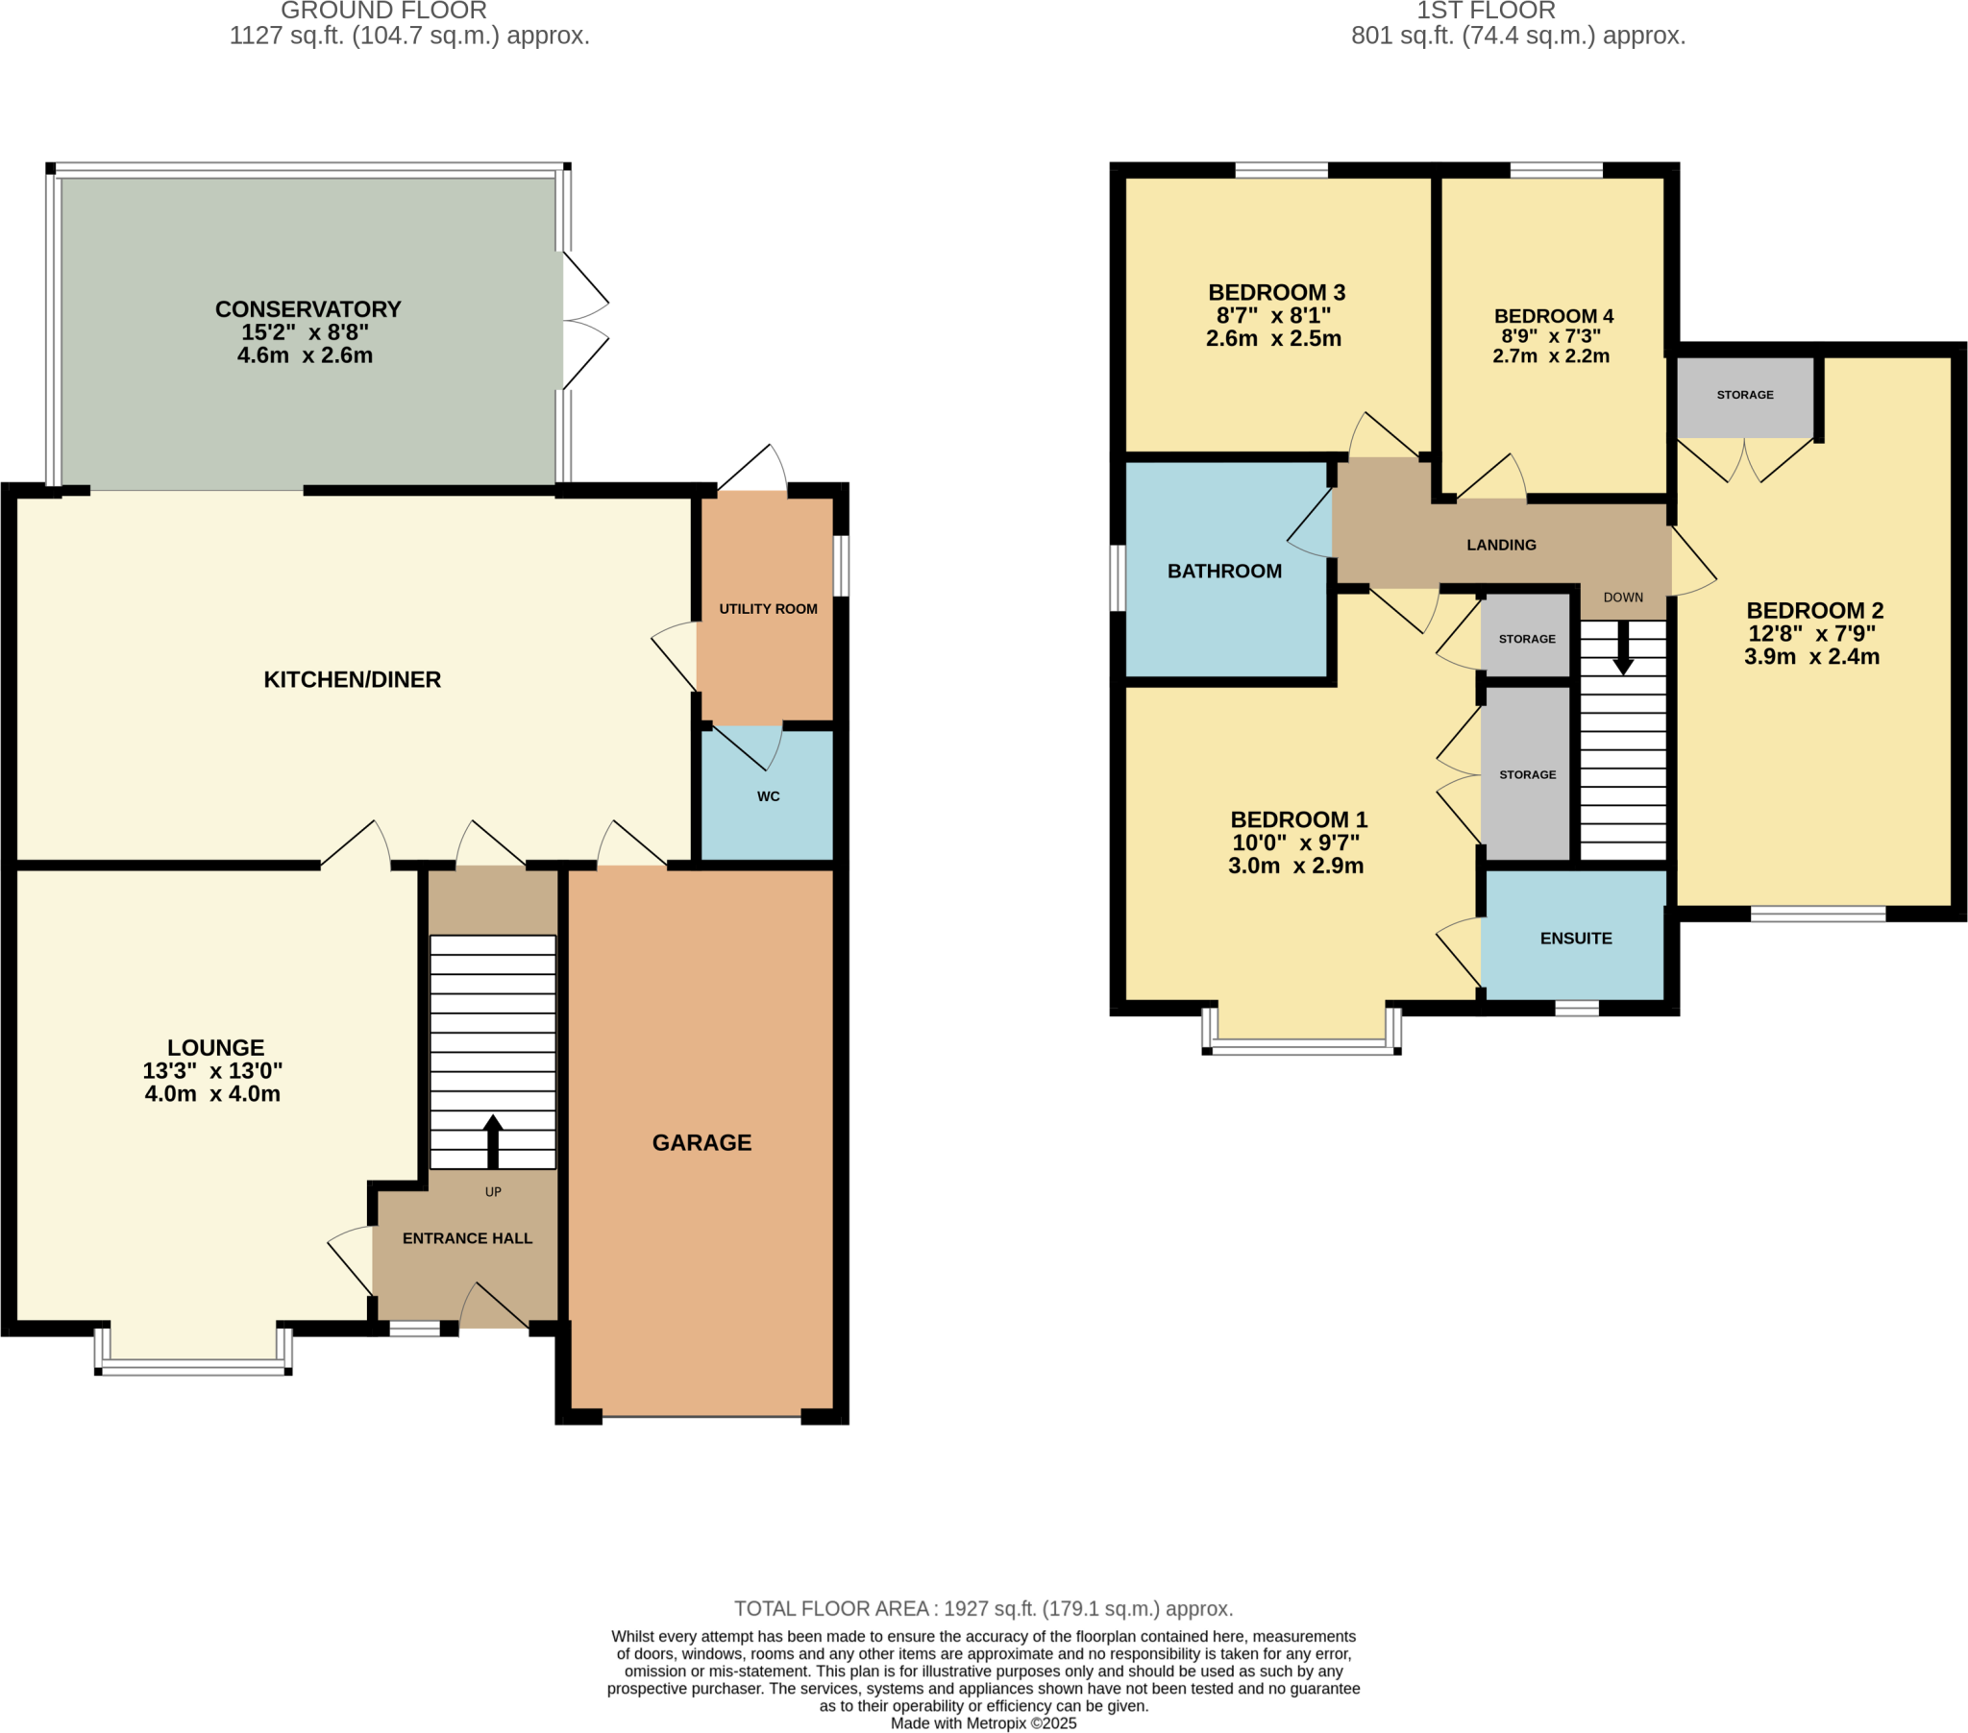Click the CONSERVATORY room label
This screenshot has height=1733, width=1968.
[307, 309]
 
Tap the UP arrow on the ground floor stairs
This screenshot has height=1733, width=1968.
[493, 1141]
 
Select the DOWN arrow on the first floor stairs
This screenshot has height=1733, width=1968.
[1623, 647]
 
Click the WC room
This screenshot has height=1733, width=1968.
[768, 796]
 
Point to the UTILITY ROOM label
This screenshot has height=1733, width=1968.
[768, 608]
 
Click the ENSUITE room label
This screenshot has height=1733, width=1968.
[1575, 938]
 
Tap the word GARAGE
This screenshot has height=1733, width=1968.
[701, 1142]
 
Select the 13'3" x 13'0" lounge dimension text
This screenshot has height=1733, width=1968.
[211, 1070]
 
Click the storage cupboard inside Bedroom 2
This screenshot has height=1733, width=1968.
[1744, 396]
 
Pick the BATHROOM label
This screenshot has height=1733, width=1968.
[1223, 571]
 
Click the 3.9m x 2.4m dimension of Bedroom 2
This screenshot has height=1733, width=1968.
[1811, 657]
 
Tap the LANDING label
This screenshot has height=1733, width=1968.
[1501, 545]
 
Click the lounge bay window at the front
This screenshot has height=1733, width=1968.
[192, 1365]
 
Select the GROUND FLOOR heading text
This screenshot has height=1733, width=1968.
[383, 12]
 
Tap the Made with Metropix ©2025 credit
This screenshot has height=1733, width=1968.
[983, 1723]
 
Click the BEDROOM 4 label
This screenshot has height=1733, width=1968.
[1553, 316]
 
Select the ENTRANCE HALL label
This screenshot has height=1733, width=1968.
[467, 1238]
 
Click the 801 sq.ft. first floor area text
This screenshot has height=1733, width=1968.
[1517, 36]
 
